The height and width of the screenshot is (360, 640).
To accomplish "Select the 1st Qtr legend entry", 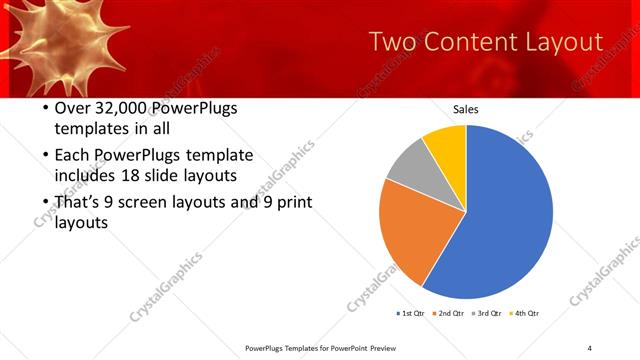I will (x=411, y=314).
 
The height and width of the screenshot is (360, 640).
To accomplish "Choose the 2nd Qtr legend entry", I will (x=451, y=314).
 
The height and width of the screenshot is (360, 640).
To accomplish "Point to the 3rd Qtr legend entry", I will (x=490, y=314).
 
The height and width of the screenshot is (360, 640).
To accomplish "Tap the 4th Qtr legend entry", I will (x=528, y=314).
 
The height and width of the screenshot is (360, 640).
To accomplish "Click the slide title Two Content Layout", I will (x=485, y=42).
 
